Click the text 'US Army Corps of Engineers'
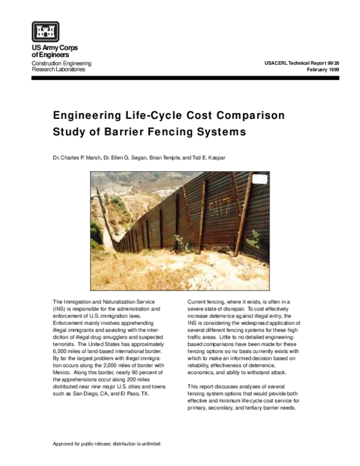[55, 52]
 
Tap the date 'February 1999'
[324, 70]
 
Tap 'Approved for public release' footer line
[108, 444]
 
